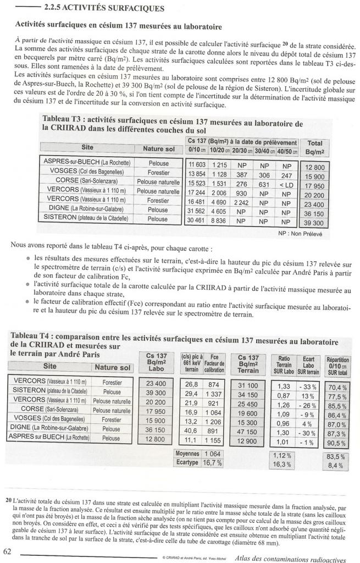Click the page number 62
(8, 551)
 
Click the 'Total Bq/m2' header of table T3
(314, 147)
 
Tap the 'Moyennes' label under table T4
(187, 454)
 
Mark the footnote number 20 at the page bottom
(8, 501)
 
